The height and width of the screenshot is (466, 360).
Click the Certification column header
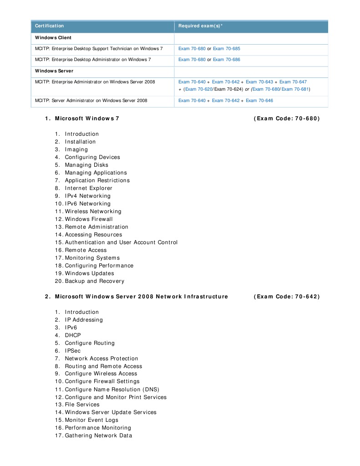coord(50,26)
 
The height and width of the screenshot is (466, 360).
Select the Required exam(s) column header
coord(200,26)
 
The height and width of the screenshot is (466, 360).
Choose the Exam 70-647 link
coord(293,82)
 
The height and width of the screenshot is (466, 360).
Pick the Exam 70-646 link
coord(259,101)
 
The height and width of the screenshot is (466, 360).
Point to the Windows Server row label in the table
coord(54,71)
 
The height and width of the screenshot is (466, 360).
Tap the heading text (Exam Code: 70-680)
coord(287,118)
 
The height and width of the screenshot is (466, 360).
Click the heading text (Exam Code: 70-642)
coord(287,297)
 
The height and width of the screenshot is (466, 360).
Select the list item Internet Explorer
coord(88,188)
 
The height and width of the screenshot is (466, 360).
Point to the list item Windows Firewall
coord(89,219)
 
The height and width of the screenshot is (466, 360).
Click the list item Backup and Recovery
coord(94,281)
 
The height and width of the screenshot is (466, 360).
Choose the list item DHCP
coord(73,335)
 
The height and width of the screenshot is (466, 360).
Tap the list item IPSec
coord(73,351)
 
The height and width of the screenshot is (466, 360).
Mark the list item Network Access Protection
coord(101,358)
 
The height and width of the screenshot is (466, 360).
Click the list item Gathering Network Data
coord(98,435)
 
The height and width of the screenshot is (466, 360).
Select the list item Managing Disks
coord(86,165)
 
